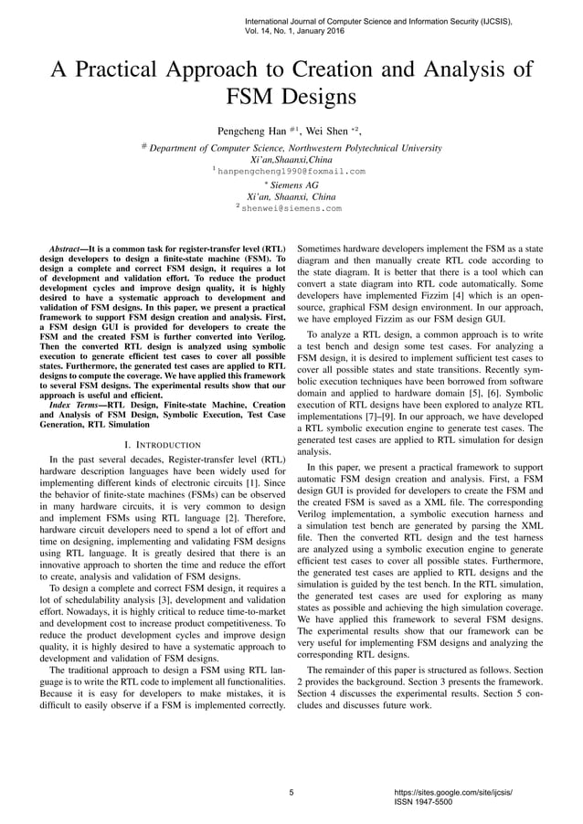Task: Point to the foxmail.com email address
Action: click(x=291, y=171)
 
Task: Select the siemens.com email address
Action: click(x=291, y=208)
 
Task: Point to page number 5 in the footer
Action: click(x=291, y=792)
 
